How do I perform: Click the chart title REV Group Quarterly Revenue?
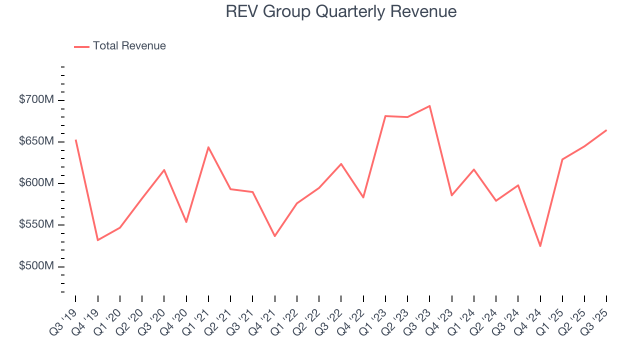(x=341, y=11)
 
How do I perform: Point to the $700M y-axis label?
(x=36, y=100)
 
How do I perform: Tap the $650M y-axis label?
(x=36, y=141)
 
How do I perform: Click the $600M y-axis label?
(x=36, y=183)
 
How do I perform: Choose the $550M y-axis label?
(x=36, y=224)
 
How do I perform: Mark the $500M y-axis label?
(x=36, y=266)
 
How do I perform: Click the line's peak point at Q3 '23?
(x=429, y=106)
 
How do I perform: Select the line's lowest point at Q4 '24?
(x=540, y=246)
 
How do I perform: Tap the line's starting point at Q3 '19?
(x=75, y=140)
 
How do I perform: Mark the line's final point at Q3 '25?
(x=606, y=130)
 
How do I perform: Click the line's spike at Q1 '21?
(x=208, y=147)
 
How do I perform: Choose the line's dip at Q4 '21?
(x=274, y=236)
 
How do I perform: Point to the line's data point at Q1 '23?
(x=385, y=116)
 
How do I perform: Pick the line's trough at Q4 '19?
(x=97, y=240)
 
